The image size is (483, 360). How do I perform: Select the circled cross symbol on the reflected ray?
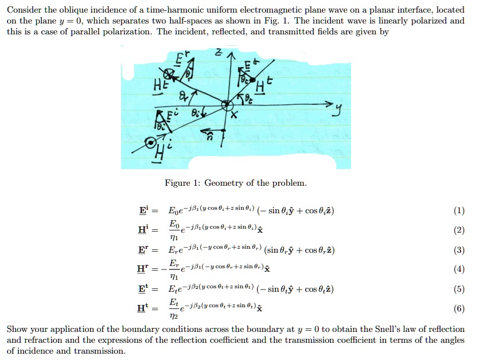coord(168,73)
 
